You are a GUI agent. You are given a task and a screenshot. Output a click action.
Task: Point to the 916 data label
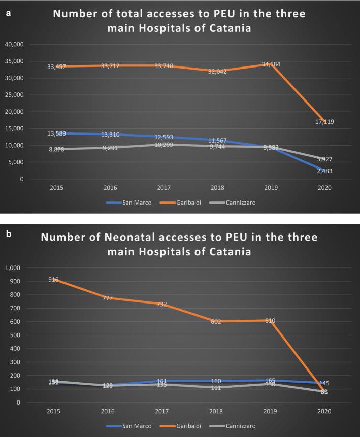[54, 279]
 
